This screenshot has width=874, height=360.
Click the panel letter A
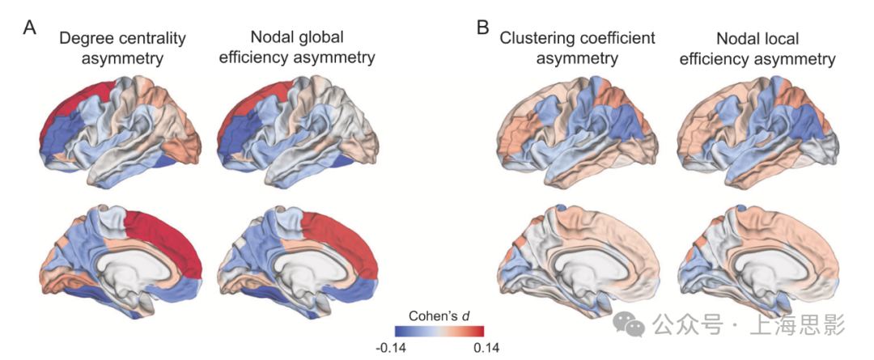[x=30, y=28]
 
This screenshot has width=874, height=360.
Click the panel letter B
[x=482, y=28]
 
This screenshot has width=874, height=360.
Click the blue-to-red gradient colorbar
[x=438, y=331]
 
